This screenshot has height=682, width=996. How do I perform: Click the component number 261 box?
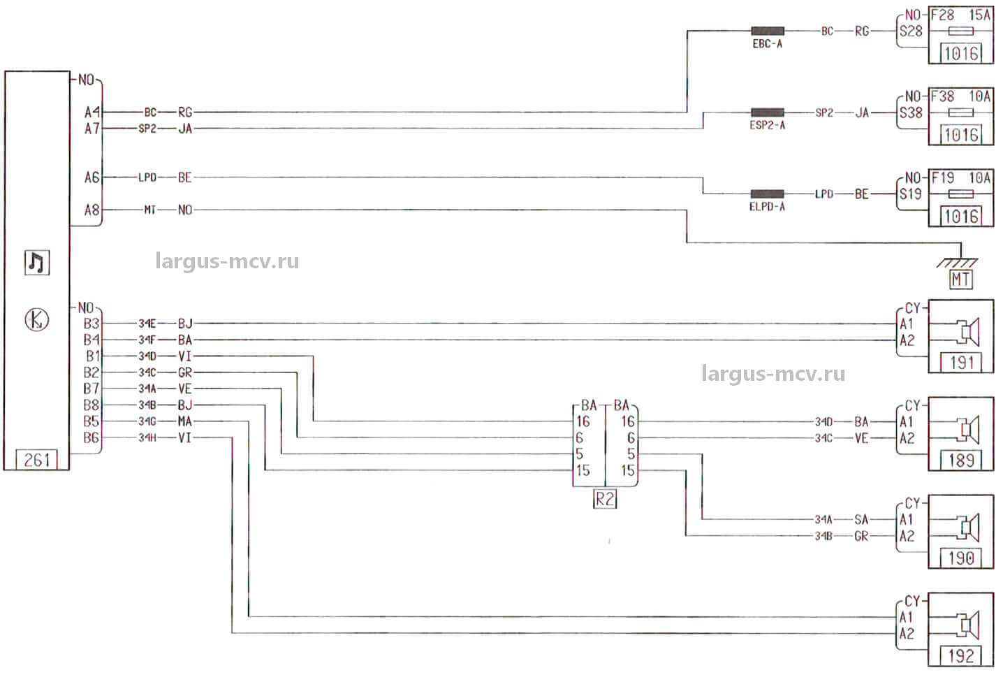(x=36, y=460)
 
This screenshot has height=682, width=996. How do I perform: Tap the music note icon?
(x=37, y=263)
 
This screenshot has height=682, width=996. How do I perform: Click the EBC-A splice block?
(x=767, y=31)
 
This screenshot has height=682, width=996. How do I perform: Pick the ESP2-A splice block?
(x=767, y=113)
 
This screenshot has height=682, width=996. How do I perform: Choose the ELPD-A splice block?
(x=767, y=194)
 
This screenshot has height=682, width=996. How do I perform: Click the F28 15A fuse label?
(x=960, y=15)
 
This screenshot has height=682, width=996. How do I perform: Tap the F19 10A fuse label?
(x=960, y=178)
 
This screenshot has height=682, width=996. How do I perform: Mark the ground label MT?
(x=961, y=280)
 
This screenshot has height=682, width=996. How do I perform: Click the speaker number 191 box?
(x=961, y=362)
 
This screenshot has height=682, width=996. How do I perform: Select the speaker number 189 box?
(x=961, y=460)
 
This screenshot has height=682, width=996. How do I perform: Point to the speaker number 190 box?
(x=961, y=558)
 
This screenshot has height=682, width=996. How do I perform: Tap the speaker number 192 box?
(x=961, y=655)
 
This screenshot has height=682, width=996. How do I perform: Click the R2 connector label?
(x=605, y=500)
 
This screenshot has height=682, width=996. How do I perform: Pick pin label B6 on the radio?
(x=91, y=438)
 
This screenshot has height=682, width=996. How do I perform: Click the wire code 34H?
(x=147, y=438)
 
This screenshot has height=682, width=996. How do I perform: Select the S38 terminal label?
(x=911, y=113)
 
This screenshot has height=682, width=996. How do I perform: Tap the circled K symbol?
(x=37, y=319)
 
